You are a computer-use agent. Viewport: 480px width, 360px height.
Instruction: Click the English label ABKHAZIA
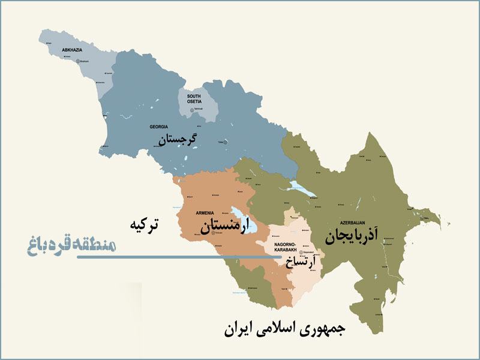pyautogui.click(x=72, y=50)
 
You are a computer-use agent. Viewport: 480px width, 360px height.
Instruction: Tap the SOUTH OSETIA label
pyautogui.click(x=194, y=98)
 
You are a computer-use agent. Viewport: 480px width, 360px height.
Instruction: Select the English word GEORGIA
pyautogui.click(x=159, y=127)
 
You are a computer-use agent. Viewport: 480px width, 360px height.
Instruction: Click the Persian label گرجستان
pyautogui.click(x=178, y=140)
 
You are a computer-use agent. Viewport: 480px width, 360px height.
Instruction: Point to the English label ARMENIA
pyautogui.click(x=206, y=213)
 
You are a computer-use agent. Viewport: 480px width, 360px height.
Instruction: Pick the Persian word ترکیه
pyautogui.click(x=145, y=226)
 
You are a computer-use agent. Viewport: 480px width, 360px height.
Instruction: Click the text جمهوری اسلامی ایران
pyautogui.click(x=285, y=331)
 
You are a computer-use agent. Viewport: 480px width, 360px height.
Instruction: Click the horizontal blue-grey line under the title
pyautogui.click(x=180, y=257)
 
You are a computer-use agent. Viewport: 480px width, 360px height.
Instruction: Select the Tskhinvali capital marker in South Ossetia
pyautogui.click(x=192, y=109)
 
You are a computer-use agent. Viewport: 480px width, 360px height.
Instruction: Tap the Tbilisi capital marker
pyautogui.click(x=227, y=142)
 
